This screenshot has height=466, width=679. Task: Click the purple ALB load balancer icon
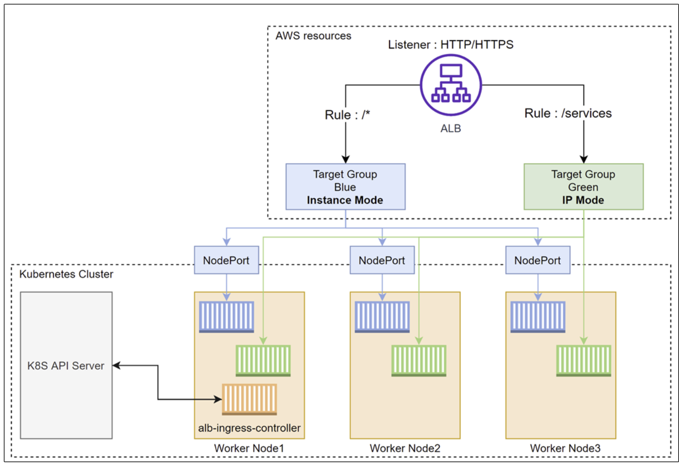coord(451,85)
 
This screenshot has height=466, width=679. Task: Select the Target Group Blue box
coord(346,187)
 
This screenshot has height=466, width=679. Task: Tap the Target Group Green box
coord(584,187)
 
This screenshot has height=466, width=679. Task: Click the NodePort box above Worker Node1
coord(226,260)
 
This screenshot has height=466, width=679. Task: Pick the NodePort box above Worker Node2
coord(382,260)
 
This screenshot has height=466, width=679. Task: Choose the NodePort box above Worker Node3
coord(538,260)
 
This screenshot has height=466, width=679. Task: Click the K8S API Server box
coord(66,365)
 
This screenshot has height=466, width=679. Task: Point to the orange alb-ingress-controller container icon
coord(249,399)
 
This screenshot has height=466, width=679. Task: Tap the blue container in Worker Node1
coord(226,317)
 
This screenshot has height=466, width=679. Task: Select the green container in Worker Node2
coord(419,361)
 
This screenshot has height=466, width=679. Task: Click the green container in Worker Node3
coord(584,361)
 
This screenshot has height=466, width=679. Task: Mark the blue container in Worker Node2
coord(382,317)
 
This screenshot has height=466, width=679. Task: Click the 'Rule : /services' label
coord(568,114)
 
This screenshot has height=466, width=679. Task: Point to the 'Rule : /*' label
coord(348,115)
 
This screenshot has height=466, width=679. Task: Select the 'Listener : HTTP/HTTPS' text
coord(451,44)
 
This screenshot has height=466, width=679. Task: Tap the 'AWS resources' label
coord(313,36)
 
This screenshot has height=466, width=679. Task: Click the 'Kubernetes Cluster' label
coord(66,274)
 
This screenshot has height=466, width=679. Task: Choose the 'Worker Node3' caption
coord(565,448)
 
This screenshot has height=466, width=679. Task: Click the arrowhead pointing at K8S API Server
coord(116,365)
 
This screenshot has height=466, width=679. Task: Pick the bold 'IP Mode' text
coord(583,200)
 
